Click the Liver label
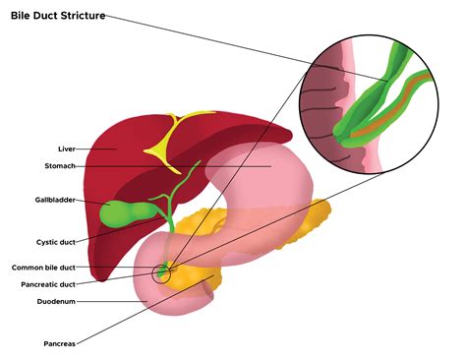click(67, 149)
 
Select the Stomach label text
click(61, 166)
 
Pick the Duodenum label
click(54, 301)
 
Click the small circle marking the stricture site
click(161, 271)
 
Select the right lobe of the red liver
click(108, 167)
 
